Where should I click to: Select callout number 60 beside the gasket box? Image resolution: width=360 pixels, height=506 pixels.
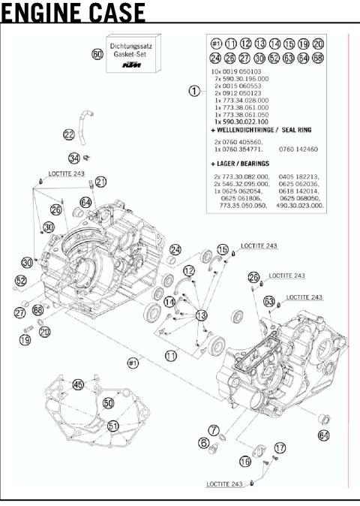click(97, 55)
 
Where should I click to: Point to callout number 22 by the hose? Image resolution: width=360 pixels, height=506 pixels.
click(68, 135)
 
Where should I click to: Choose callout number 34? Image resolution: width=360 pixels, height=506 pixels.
click(74, 158)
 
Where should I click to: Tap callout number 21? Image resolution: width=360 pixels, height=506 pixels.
click(101, 182)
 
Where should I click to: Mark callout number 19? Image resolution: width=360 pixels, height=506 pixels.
click(25, 340)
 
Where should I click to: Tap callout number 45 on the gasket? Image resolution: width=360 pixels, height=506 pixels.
click(77, 384)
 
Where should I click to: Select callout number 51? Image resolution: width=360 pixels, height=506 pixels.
click(113, 425)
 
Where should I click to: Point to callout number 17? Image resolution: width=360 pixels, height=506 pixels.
click(280, 448)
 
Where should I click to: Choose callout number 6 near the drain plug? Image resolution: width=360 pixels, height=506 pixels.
click(203, 443)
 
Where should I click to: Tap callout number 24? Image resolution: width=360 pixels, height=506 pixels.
click(175, 249)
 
